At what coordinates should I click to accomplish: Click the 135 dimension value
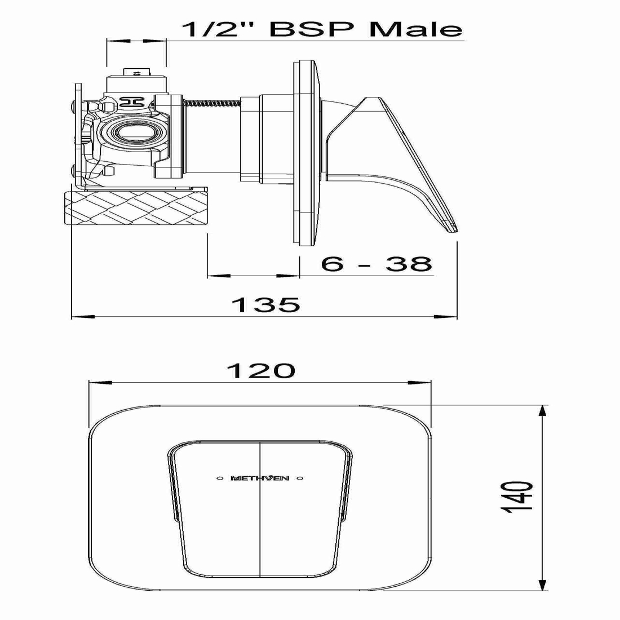[x=265, y=304]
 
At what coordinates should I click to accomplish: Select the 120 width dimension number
[x=260, y=371]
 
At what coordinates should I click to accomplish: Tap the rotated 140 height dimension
[x=517, y=497]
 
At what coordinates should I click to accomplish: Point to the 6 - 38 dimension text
[x=376, y=263]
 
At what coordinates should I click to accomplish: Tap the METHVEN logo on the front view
[x=260, y=479]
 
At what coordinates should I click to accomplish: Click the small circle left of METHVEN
[x=220, y=479]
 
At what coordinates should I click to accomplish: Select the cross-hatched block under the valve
[x=137, y=208]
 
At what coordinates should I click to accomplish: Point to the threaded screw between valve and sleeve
[x=213, y=103]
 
